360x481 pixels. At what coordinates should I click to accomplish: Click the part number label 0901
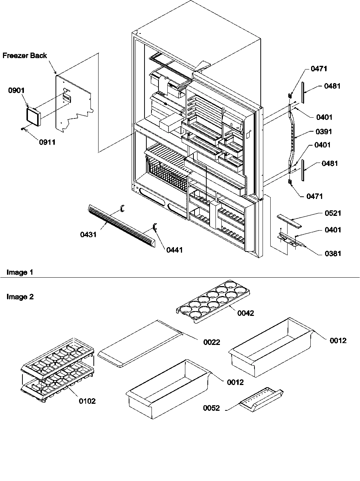17,91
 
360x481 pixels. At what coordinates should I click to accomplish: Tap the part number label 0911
47,142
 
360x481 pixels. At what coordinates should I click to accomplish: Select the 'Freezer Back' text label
25,56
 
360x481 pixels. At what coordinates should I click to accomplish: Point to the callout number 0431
88,234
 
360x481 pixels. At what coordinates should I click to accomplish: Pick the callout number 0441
174,250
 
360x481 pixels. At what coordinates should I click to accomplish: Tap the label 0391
324,132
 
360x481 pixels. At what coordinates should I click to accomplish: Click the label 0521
333,213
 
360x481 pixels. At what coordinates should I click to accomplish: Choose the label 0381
333,253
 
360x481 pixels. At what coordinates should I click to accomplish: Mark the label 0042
246,313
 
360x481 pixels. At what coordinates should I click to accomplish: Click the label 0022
211,342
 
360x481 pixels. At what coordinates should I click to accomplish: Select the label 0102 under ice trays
87,401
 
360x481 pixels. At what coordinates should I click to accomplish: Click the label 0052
211,408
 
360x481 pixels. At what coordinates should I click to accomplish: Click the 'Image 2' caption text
20,296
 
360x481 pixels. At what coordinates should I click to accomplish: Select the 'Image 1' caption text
20,272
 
